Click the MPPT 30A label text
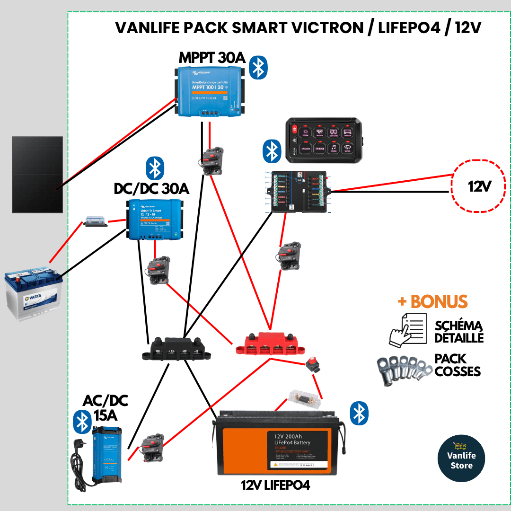(x=211, y=58)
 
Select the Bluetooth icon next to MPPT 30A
(x=258, y=68)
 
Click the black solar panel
(x=37, y=175)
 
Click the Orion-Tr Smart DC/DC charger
(x=154, y=219)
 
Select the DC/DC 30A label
(x=151, y=189)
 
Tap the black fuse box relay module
(x=297, y=192)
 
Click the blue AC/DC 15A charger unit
(x=107, y=454)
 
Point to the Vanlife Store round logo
(x=461, y=458)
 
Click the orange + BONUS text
(x=432, y=301)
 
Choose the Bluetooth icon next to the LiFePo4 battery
(x=359, y=413)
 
